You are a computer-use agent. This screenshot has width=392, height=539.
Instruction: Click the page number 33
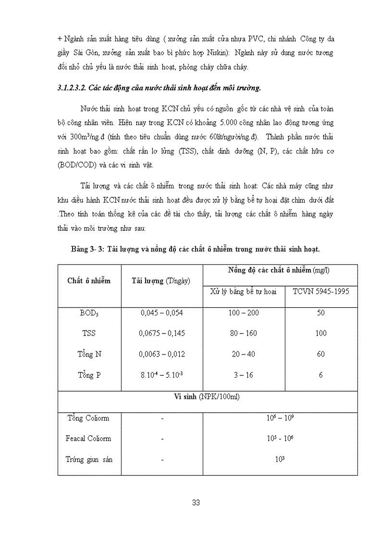(196, 503)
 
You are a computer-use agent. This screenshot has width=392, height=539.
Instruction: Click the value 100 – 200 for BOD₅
(244, 313)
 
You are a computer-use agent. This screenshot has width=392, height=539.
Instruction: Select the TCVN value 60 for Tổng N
(320, 354)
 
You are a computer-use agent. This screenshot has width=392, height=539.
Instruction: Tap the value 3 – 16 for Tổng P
(244, 375)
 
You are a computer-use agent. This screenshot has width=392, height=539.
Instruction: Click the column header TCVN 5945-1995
(320, 291)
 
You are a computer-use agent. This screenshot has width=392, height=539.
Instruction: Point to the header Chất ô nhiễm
(89, 281)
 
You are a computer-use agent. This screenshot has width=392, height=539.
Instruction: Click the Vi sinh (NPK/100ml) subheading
(207, 397)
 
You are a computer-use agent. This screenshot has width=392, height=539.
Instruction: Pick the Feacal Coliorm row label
(88, 438)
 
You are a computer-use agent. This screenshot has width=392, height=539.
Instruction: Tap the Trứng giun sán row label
(89, 459)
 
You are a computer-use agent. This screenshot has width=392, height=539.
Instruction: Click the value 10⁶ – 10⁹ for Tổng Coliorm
(280, 418)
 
